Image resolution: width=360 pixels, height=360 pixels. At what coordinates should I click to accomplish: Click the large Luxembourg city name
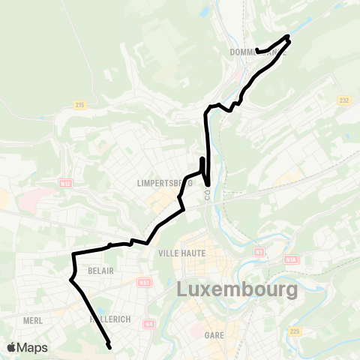[237, 289]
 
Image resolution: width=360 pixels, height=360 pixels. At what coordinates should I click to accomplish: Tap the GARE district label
[214, 336]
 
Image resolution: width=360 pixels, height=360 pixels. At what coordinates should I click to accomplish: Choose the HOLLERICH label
[109, 319]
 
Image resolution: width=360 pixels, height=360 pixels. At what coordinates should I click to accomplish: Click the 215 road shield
[79, 106]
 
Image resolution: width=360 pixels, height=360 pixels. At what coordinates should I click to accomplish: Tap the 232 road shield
[344, 100]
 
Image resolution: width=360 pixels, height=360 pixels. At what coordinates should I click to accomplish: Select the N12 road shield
[66, 182]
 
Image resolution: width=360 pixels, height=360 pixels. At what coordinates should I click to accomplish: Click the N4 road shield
[149, 324]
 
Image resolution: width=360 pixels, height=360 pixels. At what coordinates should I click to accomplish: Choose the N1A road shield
[291, 259]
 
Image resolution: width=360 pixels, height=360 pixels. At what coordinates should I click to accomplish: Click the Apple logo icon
[12, 346]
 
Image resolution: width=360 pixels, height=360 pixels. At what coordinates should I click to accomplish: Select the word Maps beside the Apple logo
[33, 347]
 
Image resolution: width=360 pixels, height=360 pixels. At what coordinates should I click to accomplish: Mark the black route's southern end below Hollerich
[110, 347]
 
